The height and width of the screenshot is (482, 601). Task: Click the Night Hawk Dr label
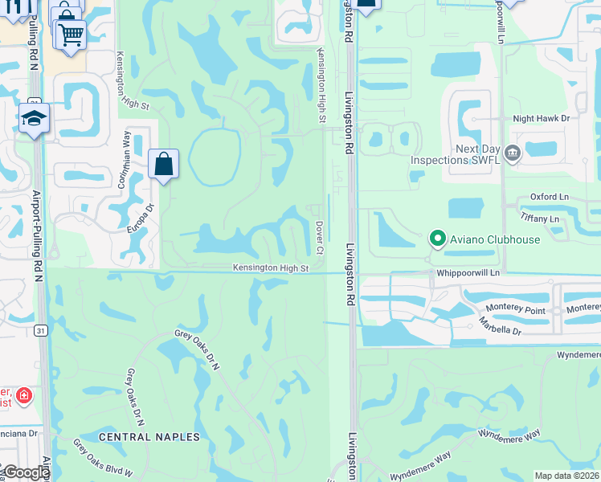click(541, 118)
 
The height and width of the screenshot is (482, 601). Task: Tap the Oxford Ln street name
click(549, 197)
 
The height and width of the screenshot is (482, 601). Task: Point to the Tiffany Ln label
click(539, 219)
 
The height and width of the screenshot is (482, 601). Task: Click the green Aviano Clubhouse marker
click(437, 239)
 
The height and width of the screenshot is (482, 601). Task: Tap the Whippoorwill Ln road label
click(468, 273)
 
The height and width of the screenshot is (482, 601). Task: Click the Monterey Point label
click(516, 309)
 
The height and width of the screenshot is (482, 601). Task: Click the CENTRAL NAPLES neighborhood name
click(149, 436)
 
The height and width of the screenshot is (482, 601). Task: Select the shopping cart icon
click(70, 35)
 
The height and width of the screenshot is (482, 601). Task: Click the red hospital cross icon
click(24, 396)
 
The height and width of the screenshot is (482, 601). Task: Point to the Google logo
click(26, 472)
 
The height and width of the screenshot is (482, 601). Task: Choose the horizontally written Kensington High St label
click(271, 268)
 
